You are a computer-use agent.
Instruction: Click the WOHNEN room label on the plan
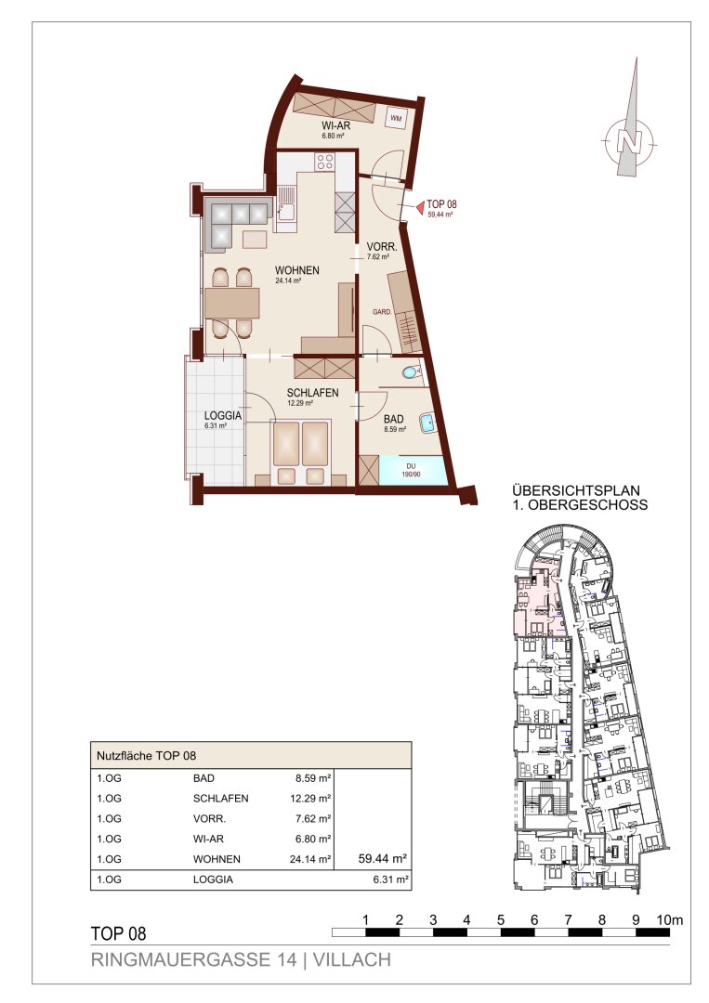point(297,270)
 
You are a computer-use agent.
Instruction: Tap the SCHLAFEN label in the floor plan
point(312,393)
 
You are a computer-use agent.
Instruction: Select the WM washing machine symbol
point(396,118)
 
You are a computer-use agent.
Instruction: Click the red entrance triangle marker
point(420,207)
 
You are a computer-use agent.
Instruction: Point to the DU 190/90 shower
point(411,471)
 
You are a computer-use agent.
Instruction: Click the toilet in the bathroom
point(410,372)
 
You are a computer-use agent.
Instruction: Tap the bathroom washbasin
point(427,423)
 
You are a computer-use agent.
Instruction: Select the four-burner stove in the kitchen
point(324,162)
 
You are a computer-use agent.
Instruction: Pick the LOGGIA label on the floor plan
point(223,416)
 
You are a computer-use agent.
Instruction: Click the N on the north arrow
point(629,141)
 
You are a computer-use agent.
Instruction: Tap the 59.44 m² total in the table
point(383,858)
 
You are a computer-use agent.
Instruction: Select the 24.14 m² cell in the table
point(309,859)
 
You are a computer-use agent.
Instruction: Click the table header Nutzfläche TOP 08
point(146,755)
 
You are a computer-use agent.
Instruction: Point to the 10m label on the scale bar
point(670,919)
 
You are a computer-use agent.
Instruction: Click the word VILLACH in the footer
point(352,959)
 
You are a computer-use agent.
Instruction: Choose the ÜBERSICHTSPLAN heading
point(576,490)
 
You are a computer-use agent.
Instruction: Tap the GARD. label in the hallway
point(382,311)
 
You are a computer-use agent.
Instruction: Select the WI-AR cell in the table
point(208,839)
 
